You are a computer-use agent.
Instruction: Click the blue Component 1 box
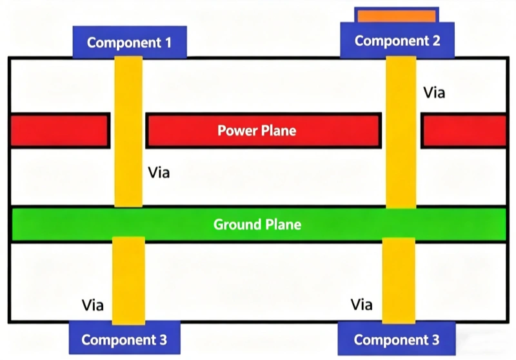click(x=130, y=43)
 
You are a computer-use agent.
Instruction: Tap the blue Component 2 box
click(x=398, y=41)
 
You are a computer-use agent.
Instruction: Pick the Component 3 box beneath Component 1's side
click(x=124, y=339)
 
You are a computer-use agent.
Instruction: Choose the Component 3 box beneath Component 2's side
click(x=396, y=339)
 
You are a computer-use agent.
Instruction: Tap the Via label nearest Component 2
click(x=434, y=92)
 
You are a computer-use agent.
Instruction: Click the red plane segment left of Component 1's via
click(x=59, y=130)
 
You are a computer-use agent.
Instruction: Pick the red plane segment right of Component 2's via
click(x=464, y=130)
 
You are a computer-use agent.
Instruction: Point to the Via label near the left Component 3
click(x=93, y=304)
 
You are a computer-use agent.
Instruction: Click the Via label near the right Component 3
click(x=361, y=304)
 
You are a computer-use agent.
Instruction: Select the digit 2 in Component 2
click(x=437, y=41)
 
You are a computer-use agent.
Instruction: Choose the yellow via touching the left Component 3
click(x=128, y=280)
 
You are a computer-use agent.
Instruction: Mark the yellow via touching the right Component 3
click(x=398, y=280)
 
